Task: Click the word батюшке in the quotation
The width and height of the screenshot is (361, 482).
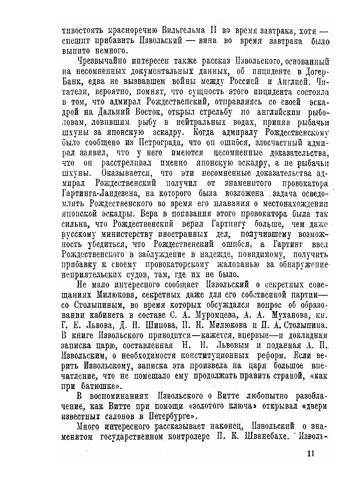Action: [98, 386]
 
